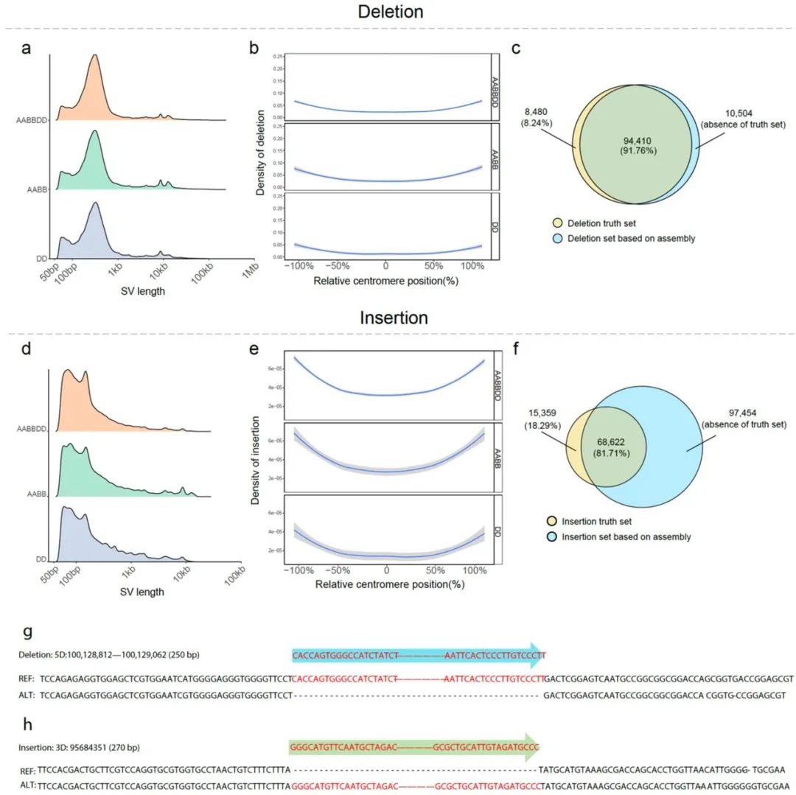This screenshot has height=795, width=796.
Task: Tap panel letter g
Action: coord(27,631)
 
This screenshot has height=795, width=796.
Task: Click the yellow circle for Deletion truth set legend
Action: coord(559,223)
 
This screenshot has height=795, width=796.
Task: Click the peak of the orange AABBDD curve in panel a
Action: coord(94,56)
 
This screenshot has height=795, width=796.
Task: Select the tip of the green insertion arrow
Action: coord(539,746)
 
